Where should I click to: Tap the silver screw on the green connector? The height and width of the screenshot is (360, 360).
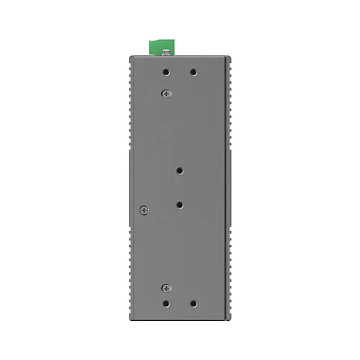click(x=163, y=52)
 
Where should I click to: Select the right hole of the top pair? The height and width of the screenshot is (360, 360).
click(x=193, y=73)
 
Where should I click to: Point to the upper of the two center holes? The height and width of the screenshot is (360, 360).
click(x=180, y=172)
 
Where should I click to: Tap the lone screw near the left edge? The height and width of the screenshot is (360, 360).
click(x=143, y=210)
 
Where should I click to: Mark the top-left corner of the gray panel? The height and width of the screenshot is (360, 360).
click(x=129, y=57)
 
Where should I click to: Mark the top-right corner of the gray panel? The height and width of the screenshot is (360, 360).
click(x=230, y=57)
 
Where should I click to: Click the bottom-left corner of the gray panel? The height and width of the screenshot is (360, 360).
click(x=129, y=322)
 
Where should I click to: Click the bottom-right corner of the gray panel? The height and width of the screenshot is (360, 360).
click(x=230, y=322)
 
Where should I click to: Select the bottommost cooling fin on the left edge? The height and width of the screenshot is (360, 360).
click(x=126, y=315)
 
